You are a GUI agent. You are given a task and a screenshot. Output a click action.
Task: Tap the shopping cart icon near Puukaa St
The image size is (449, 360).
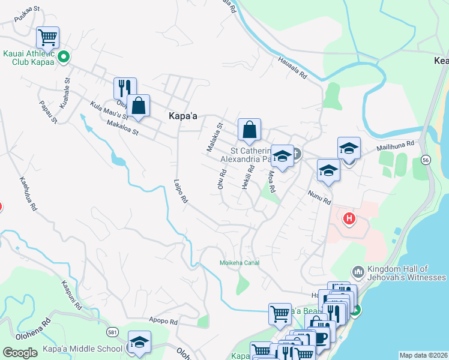coord(47,38)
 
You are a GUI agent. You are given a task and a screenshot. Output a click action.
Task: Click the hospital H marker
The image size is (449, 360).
coord(349,220)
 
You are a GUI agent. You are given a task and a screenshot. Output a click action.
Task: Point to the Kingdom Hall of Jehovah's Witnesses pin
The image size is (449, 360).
coord(358,273)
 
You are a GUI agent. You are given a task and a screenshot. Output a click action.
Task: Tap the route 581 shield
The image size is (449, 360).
coord(112,331)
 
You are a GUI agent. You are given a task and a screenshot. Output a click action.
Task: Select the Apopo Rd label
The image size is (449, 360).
coord(164,322)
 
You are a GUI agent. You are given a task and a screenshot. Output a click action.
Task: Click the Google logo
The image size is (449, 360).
coord(20,353)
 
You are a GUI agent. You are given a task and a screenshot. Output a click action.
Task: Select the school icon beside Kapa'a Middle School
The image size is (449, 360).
coord(139,343)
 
